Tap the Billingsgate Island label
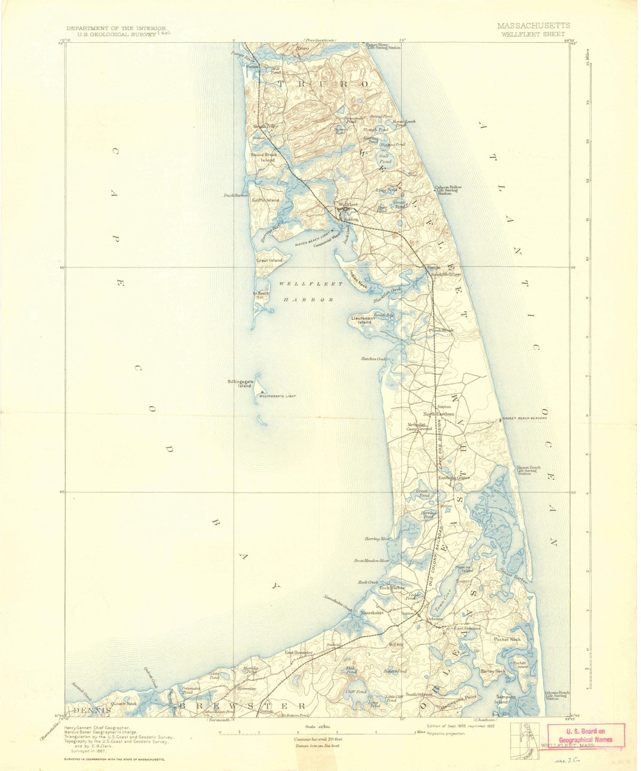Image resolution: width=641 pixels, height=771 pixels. (x=240, y=384)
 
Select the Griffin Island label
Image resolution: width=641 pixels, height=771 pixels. (x=265, y=200)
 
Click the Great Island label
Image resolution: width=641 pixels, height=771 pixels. (x=269, y=260)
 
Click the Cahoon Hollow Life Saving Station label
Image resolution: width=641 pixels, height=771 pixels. (x=449, y=190)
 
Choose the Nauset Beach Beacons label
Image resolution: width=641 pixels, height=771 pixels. (x=524, y=418)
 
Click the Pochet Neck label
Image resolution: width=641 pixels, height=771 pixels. (x=507, y=639)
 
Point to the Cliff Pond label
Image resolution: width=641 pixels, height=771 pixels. (x=357, y=692)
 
